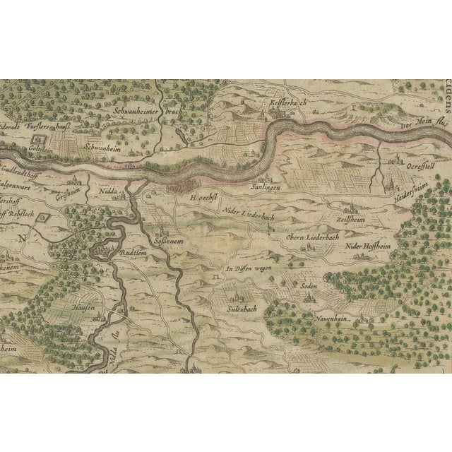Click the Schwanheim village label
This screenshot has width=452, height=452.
(100, 149)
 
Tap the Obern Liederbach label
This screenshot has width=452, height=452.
(313, 237)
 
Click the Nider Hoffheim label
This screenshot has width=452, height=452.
(368, 246)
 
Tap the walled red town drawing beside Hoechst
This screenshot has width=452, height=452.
(185, 186)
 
